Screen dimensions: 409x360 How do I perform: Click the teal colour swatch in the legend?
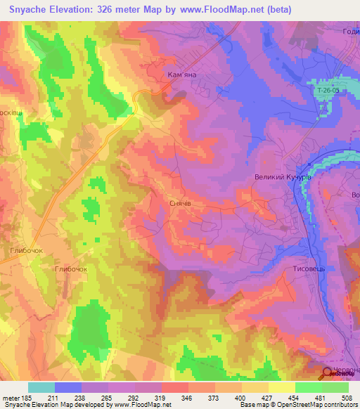click(41, 387)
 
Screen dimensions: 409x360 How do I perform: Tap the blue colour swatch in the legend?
click(68, 387)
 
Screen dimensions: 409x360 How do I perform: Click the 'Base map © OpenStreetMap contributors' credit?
click(298, 405)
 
